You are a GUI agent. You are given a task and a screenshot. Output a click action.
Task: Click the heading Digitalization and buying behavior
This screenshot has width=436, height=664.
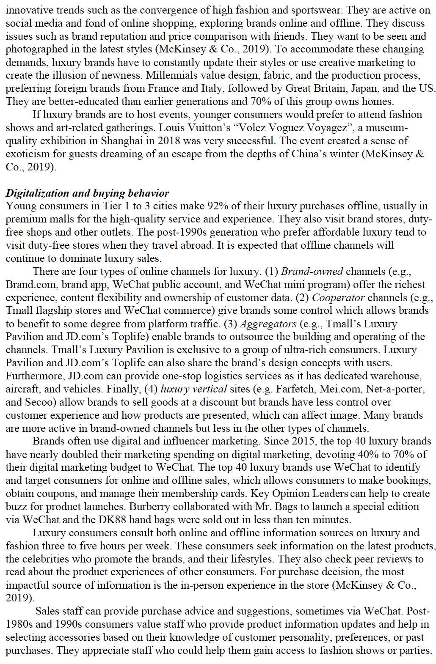pos(87,193)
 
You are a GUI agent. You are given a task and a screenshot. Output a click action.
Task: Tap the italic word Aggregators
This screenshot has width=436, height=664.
pos(268,324)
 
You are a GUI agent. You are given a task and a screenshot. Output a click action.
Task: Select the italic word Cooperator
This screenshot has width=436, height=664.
pos(338,298)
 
